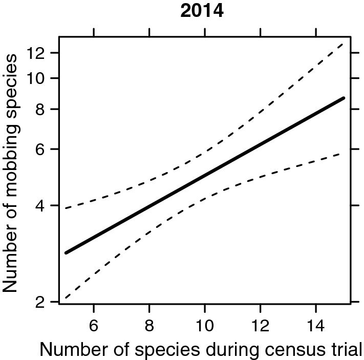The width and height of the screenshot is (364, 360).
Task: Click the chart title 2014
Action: [x=202, y=11]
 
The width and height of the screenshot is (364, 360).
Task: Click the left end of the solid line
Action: [x=66, y=253]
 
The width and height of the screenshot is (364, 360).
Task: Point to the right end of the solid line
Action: [x=344, y=97]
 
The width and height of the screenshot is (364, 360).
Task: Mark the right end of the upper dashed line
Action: [x=344, y=44]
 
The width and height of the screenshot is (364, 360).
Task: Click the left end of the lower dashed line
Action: [x=66, y=298]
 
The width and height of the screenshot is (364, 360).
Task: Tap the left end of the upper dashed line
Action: [x=66, y=208]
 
